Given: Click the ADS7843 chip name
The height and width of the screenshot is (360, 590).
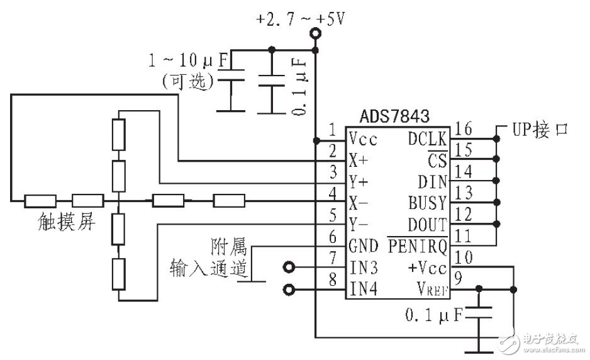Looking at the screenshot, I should coord(394,116).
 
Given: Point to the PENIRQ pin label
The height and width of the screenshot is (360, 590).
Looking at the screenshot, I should coord(417,245).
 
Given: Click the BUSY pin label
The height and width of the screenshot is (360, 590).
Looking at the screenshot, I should coord(428,203).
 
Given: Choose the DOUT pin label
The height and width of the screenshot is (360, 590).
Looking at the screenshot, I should coord(428,225).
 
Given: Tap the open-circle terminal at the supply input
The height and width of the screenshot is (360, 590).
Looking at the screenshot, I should coord(315,39).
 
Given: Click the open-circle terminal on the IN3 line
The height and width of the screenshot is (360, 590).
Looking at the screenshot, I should coord(289,267).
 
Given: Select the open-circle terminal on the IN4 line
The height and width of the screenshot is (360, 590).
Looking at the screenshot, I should coord(289,290).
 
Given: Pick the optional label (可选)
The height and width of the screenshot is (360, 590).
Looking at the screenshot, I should coord(188,81).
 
